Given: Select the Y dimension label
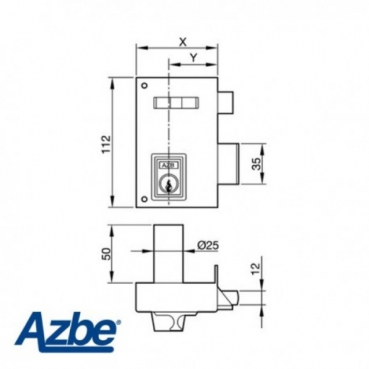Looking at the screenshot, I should [193, 57].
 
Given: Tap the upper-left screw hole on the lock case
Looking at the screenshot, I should [143, 85].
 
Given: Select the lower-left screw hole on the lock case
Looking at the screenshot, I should [143, 200].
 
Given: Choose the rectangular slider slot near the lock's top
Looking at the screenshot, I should [176, 103].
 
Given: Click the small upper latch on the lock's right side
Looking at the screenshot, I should [224, 103].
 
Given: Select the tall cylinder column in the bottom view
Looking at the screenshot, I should [169, 253].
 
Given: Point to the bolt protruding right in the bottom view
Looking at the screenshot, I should [229, 298].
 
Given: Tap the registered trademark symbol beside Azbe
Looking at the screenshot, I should [118, 322].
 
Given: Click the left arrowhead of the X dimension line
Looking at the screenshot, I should [139, 46].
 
